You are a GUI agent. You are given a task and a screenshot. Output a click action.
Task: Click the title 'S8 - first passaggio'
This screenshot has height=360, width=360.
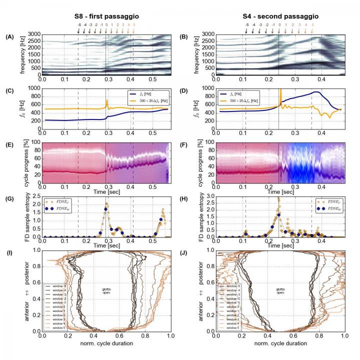coord(105,16)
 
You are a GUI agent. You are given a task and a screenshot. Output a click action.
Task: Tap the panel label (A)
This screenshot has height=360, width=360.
coord(9,36)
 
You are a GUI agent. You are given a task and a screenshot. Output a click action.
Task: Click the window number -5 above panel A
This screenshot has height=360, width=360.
coord(79,24)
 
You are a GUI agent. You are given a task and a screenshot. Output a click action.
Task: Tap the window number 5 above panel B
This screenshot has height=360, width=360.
coord(312,24)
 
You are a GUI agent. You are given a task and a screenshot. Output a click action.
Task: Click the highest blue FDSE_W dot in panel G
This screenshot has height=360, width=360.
coord(106,209)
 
